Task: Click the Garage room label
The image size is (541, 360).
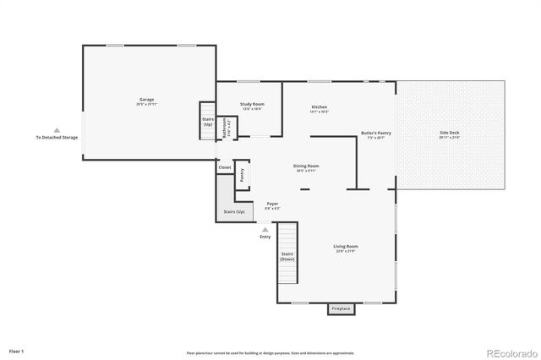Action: (x=146, y=100)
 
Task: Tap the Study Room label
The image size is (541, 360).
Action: (x=252, y=105)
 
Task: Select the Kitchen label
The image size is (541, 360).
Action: (x=319, y=106)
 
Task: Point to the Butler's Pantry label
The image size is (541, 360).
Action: (x=375, y=134)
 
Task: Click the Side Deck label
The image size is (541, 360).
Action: (x=449, y=134)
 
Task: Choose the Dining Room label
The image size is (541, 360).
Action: (x=306, y=166)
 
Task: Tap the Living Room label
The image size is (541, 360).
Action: (x=347, y=247)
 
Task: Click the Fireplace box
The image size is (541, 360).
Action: (x=341, y=309)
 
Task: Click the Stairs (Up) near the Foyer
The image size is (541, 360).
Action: (x=234, y=211)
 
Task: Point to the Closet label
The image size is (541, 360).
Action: (x=225, y=167)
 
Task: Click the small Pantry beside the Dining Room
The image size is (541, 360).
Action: (x=242, y=174)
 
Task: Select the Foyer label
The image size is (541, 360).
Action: (x=272, y=205)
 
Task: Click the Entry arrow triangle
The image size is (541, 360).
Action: (x=265, y=228)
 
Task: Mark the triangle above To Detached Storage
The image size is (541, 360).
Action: (x=57, y=130)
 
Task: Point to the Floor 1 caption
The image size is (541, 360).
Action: (x=17, y=350)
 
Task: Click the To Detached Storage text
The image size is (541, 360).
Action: (x=57, y=138)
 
